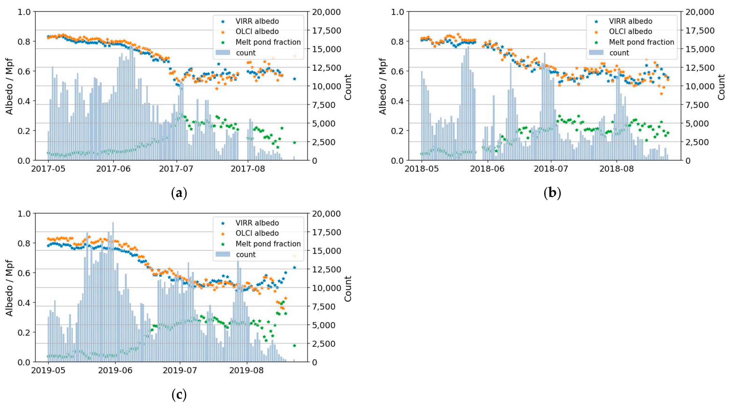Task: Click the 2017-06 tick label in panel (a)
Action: [x=113, y=169]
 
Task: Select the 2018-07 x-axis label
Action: [x=551, y=169]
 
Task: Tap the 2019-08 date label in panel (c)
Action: [x=246, y=370]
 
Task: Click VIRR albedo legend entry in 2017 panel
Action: [x=257, y=21]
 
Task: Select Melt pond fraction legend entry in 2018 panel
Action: [x=641, y=42]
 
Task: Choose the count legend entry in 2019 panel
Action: [x=246, y=254]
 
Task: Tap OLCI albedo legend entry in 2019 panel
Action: [x=257, y=233]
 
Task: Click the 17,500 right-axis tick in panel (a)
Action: [x=326, y=31]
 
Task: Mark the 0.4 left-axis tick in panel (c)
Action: [x=24, y=303]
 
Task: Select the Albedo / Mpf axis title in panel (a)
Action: [x=9, y=86]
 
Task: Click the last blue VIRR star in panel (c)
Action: [x=294, y=267]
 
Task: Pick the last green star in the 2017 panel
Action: [x=294, y=142]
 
